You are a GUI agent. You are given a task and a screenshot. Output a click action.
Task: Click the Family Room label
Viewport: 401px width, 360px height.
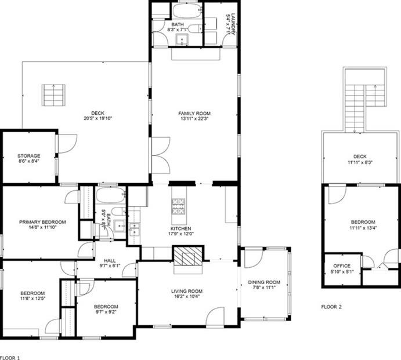click(x=194, y=116)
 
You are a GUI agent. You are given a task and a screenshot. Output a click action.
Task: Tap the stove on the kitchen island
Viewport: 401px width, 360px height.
click(x=178, y=206)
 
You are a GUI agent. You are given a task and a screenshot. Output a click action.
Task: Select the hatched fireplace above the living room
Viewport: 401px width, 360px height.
click(x=188, y=256)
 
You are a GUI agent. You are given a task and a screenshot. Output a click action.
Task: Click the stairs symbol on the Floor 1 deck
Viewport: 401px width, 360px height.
click(x=53, y=95)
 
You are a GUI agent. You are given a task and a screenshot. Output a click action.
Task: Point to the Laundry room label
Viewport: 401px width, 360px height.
click(x=230, y=24)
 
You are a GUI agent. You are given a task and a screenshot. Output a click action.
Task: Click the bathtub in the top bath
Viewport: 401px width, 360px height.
click(x=187, y=10)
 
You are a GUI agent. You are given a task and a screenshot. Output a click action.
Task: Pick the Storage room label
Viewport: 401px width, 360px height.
click(x=28, y=158)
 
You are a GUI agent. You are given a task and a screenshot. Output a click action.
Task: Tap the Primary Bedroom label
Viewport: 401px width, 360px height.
click(x=42, y=224)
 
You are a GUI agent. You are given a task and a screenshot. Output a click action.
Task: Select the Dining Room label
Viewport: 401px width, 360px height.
click(x=264, y=285)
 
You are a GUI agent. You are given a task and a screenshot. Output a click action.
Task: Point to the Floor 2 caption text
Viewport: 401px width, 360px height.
click(x=331, y=307)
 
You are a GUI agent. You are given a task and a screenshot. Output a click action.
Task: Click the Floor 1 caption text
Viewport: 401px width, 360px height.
click(x=10, y=358)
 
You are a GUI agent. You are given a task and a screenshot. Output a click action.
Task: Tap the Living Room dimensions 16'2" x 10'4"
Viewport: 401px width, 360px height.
click(x=187, y=296)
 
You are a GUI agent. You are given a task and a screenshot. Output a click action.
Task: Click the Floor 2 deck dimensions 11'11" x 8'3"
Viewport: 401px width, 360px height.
click(x=360, y=162)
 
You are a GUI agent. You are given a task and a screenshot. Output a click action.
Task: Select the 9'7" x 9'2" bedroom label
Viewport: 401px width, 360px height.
click(x=106, y=309)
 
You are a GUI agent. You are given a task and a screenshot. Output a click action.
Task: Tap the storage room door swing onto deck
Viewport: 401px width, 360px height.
click(x=67, y=144)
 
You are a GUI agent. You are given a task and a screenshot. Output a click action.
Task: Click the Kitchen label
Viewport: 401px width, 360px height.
click(x=180, y=231)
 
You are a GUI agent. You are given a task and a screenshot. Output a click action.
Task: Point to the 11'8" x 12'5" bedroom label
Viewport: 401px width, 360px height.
click(x=32, y=295)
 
